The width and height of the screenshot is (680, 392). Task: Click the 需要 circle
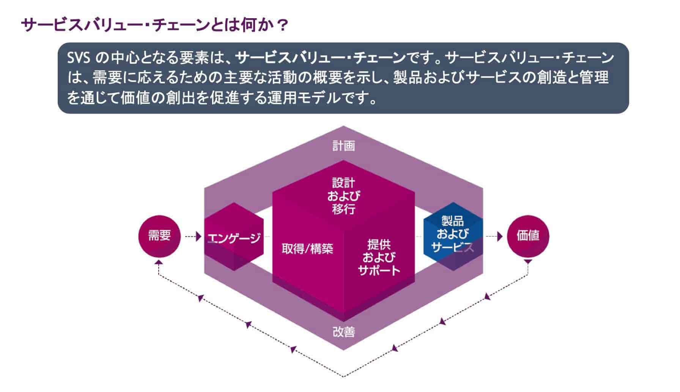159,236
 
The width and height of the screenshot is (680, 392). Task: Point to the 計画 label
343,146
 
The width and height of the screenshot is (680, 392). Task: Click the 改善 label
343,332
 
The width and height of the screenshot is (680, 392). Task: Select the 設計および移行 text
343,196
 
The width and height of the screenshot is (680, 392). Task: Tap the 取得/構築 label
307,249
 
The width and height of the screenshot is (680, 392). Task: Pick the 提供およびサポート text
378,257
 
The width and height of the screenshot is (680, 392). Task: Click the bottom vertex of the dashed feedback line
343,376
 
